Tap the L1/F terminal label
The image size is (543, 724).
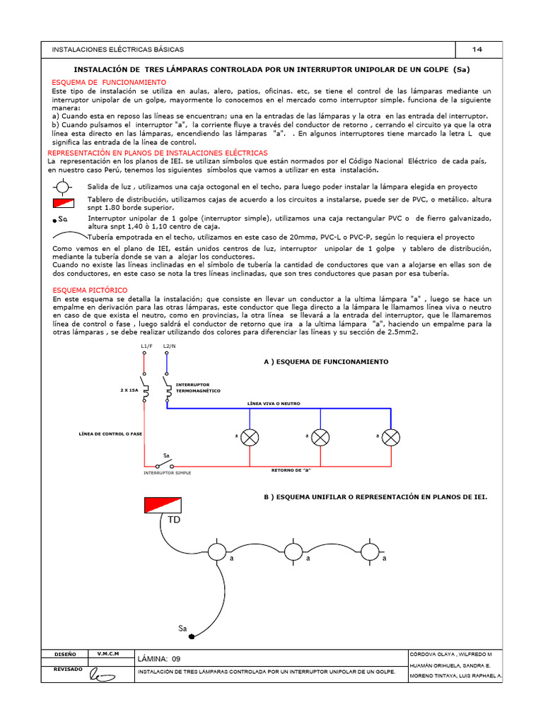pyautogui.click(x=146, y=346)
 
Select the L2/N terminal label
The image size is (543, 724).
pyautogui.click(x=169, y=346)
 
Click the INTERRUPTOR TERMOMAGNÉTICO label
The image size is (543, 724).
pyautogui.click(x=198, y=387)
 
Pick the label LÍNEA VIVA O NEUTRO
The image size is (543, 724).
pyautogui.click(x=274, y=403)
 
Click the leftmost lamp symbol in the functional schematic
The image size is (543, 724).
pyautogui.click(x=250, y=437)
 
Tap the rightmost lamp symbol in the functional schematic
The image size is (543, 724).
pyautogui.click(x=392, y=437)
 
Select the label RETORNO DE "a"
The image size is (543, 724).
pyautogui.click(x=291, y=469)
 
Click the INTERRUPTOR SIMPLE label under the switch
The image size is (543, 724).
pyautogui.click(x=168, y=471)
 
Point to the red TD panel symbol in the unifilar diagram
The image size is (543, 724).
pyautogui.click(x=163, y=505)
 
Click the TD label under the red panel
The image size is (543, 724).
pyautogui.click(x=174, y=520)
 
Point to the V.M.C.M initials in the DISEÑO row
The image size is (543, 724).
pyautogui.click(x=108, y=653)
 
